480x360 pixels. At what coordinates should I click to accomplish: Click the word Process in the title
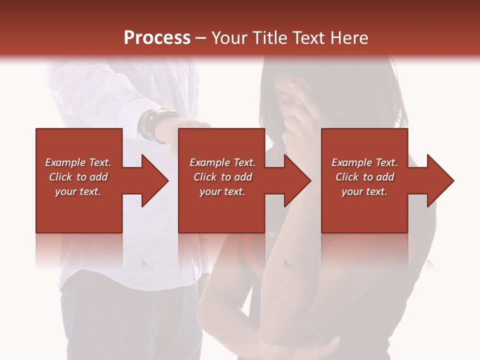pyautogui.click(x=157, y=38)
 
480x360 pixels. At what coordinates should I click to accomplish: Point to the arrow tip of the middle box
pyautogui.click(x=309, y=180)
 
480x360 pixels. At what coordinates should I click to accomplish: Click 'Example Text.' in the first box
pyautogui.click(x=78, y=162)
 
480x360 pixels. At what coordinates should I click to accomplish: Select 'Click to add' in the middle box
pyautogui.click(x=222, y=177)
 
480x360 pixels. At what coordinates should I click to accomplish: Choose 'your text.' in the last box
pyautogui.click(x=364, y=191)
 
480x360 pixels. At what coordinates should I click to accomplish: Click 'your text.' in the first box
pyautogui.click(x=78, y=191)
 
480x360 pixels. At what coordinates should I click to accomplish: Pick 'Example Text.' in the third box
pyautogui.click(x=364, y=162)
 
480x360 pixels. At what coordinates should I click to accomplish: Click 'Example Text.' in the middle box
pyautogui.click(x=222, y=162)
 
